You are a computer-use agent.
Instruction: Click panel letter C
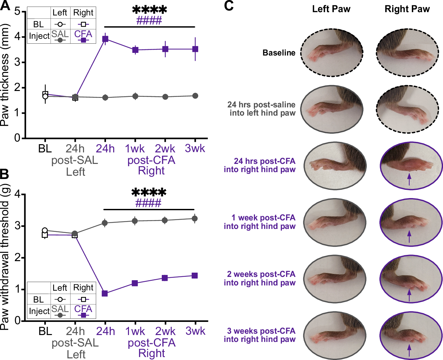(x=229, y=6)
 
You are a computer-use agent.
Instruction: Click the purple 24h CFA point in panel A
(x=105, y=39)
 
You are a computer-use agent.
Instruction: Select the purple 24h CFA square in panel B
(x=105, y=293)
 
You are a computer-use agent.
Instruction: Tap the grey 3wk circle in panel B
(x=195, y=218)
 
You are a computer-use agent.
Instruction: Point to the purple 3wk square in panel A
(x=195, y=49)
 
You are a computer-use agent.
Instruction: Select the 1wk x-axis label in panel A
(x=135, y=148)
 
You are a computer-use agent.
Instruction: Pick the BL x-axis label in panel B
(x=45, y=331)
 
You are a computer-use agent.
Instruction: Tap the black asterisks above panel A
(x=149, y=10)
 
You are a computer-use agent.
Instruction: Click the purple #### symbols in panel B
(x=148, y=203)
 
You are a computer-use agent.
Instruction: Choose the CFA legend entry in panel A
(x=83, y=34)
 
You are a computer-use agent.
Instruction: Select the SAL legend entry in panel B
(x=60, y=309)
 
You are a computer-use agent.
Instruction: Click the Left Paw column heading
(x=331, y=9)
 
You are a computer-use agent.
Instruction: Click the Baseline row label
(x=279, y=53)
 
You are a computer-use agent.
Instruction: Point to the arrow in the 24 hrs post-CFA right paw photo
(x=409, y=180)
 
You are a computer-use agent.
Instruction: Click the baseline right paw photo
(x=407, y=53)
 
